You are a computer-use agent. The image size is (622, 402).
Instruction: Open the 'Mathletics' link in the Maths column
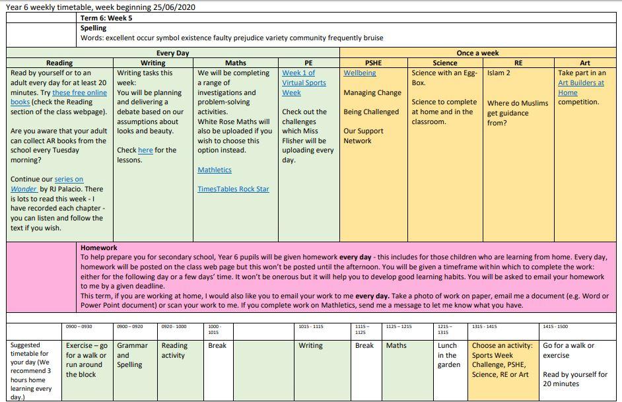pos(215,170)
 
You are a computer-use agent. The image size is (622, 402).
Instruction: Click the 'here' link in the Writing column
pos(145,151)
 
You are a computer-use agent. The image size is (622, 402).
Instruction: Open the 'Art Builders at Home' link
pos(580,88)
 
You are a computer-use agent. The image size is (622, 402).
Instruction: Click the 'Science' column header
pos(444,63)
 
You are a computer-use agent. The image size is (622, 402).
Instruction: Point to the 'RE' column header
pos(518,63)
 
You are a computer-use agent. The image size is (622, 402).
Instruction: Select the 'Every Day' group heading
pos(172,53)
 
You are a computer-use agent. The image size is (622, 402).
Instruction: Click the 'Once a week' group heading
pos(477,53)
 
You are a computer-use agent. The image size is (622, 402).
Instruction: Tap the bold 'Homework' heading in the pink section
pos(99,248)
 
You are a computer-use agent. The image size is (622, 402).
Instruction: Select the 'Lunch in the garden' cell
pos(449,355)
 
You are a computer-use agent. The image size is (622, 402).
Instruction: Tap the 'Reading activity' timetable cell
pos(174,351)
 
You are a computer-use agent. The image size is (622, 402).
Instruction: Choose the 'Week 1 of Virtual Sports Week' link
pos(304,83)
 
